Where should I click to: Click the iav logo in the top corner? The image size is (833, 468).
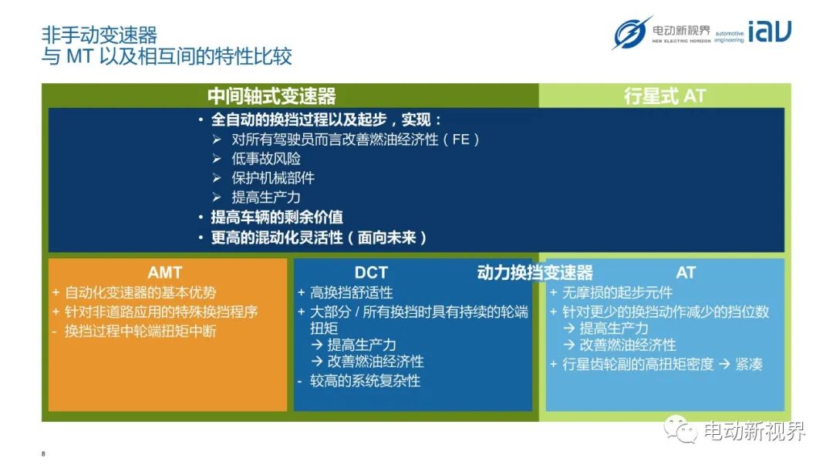(x=770, y=32)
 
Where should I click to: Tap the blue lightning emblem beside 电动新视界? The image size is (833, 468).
(x=632, y=33)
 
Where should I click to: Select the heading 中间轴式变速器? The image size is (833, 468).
(x=271, y=96)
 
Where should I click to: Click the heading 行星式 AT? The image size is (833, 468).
(x=665, y=96)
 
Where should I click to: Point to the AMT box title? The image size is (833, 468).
(x=165, y=272)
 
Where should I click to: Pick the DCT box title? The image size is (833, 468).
(x=371, y=272)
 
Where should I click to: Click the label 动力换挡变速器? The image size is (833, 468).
(x=535, y=272)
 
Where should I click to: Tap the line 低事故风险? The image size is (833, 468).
(x=266, y=158)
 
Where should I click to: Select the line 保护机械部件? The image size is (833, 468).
(x=273, y=178)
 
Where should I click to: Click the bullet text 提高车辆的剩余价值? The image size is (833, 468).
(x=277, y=217)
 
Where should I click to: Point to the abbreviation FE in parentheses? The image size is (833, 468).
(x=461, y=140)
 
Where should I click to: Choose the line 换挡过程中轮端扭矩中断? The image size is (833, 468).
(x=140, y=331)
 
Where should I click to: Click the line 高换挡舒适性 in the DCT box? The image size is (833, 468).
(x=352, y=292)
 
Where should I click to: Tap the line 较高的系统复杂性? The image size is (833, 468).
(x=366, y=380)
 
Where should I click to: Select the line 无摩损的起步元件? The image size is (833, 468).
(x=617, y=292)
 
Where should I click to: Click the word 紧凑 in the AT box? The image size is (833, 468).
(x=749, y=364)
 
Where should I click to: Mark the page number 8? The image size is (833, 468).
(x=43, y=453)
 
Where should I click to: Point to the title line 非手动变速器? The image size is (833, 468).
(x=99, y=35)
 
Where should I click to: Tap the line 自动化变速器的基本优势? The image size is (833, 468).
(x=141, y=292)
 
